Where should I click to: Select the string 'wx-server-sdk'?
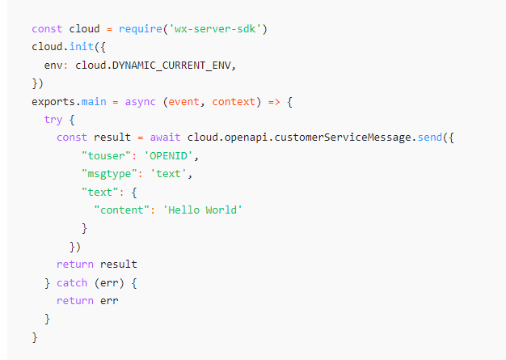pyautogui.click(x=216, y=29)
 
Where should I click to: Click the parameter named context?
pyautogui.click(x=234, y=101)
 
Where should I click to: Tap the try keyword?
pyautogui.click(x=53, y=119)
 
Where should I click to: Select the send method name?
pyautogui.click(x=429, y=138)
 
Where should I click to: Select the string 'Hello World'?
pyautogui.click(x=202, y=210)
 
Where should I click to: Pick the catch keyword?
pyautogui.click(x=72, y=283)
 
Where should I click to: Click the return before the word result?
pyautogui.click(x=75, y=265)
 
